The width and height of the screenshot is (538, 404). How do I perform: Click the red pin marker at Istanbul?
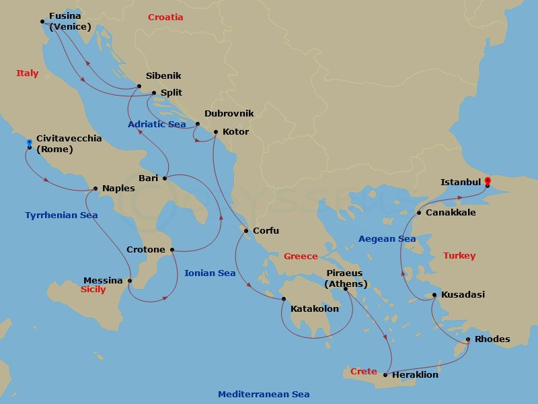(488, 180)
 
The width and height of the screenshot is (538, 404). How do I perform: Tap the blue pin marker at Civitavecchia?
(30, 142)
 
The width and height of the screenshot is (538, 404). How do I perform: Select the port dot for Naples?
(95, 189)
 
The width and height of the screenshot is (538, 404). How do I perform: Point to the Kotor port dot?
(215, 132)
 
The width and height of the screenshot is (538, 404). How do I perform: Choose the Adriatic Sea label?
(157, 125)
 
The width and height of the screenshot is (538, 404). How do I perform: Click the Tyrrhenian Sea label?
(61, 215)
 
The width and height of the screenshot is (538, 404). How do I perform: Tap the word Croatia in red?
(165, 17)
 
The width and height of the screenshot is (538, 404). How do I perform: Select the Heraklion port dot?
(385, 374)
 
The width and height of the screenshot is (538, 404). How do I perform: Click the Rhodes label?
(492, 339)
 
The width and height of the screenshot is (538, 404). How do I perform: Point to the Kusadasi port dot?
(434, 295)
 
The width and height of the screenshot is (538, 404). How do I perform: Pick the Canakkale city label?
(451, 213)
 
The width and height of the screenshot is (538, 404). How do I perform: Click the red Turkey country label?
(459, 256)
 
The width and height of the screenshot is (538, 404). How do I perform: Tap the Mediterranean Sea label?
(264, 394)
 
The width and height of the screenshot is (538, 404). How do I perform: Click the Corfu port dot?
(246, 231)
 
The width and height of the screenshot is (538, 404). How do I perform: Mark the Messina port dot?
(130, 281)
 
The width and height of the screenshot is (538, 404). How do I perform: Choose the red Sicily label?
(93, 290)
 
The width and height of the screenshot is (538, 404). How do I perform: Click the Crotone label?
(146, 250)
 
